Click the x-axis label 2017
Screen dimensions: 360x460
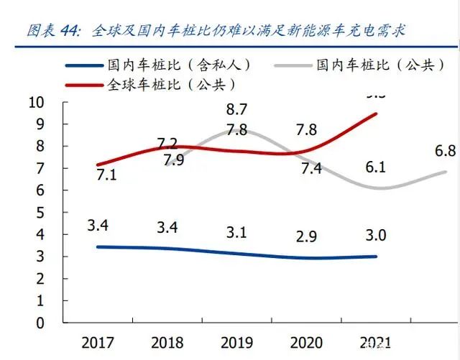(x=97, y=343)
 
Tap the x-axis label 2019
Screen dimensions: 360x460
(x=236, y=343)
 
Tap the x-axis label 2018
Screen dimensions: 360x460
(x=167, y=343)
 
